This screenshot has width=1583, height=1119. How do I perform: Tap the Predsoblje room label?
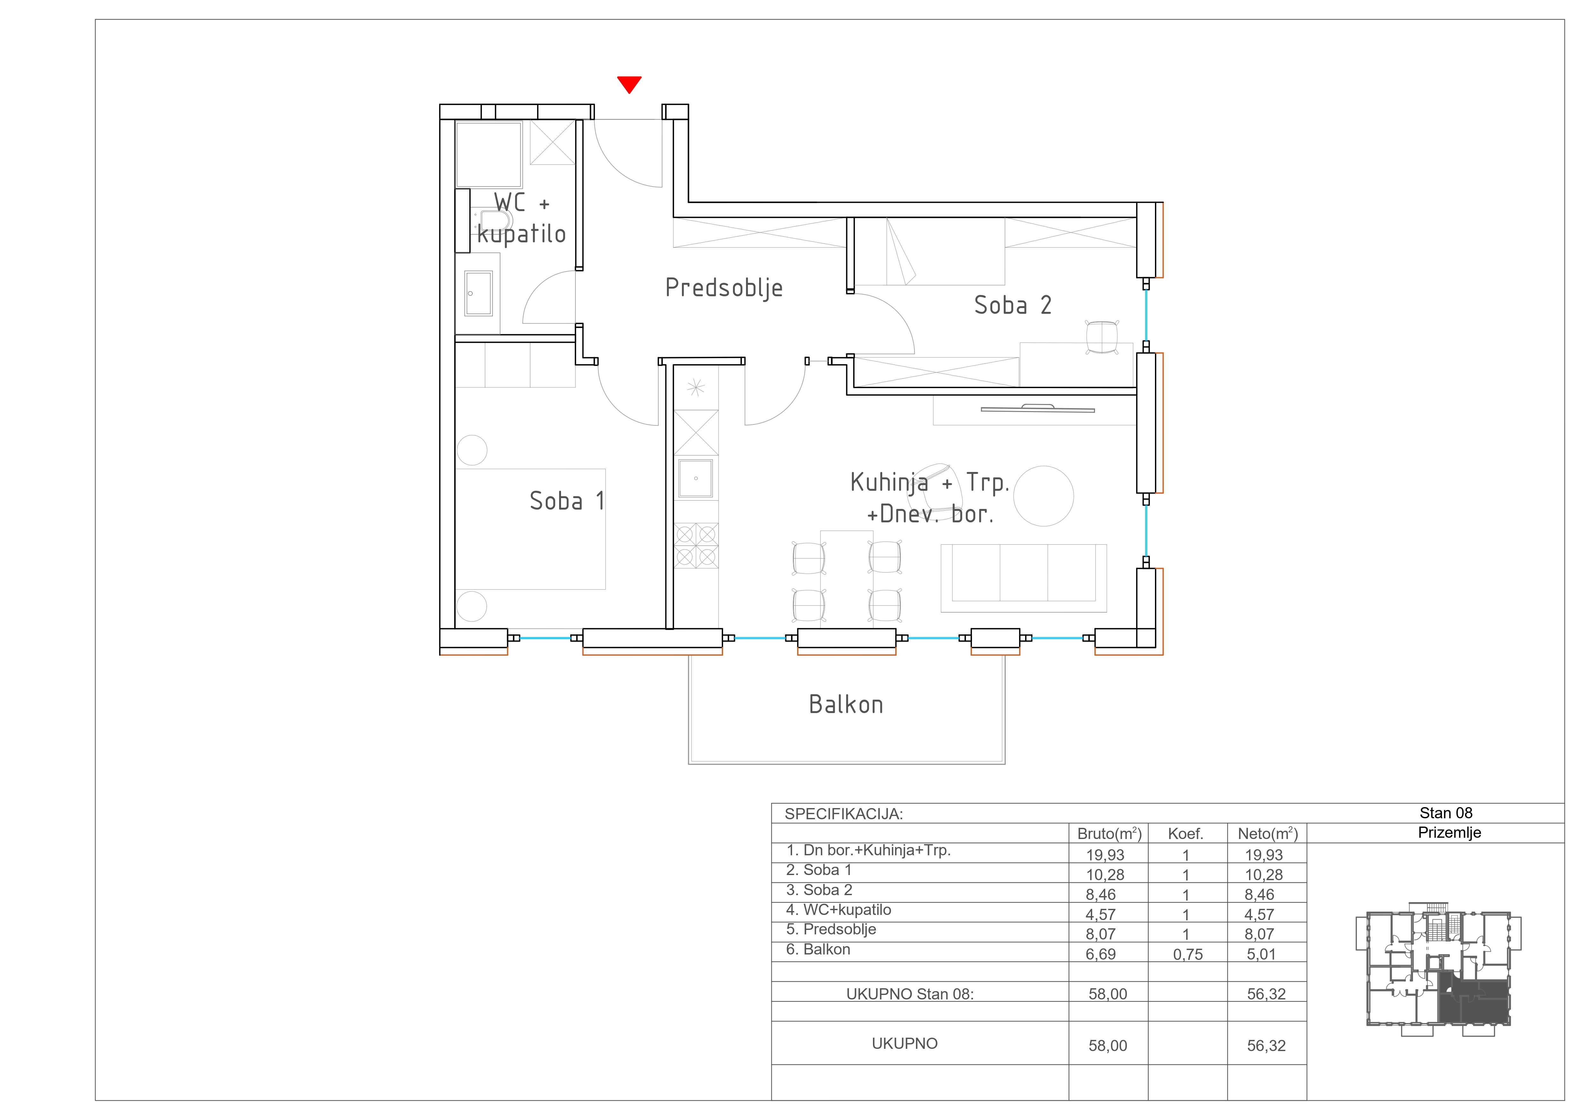click(724, 288)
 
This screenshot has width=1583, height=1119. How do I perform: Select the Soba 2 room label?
click(1013, 305)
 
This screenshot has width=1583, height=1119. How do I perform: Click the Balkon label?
click(846, 704)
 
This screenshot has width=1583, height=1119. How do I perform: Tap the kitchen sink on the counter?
click(696, 478)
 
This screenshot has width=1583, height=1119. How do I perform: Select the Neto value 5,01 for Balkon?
click(1261, 954)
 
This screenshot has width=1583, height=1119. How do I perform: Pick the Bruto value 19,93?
click(1105, 855)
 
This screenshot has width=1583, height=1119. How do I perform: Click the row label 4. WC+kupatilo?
click(838, 909)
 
